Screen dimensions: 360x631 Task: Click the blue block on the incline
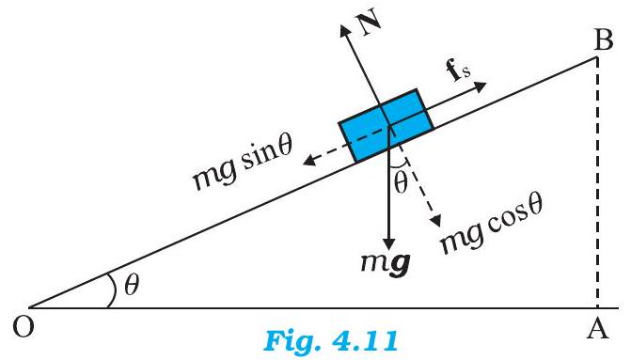386,126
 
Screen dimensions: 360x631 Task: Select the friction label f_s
464,70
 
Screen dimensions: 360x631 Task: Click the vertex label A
600,326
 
